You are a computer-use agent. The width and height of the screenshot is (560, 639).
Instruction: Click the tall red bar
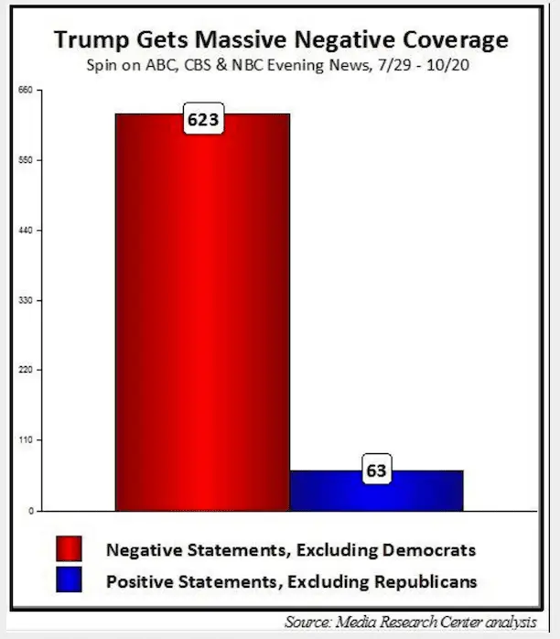(202, 311)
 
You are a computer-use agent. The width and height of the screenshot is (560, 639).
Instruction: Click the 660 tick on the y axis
(26, 90)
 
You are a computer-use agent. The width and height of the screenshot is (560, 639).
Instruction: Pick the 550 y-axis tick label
(26, 160)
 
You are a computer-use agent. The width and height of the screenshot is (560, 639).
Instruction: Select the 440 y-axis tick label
(26, 230)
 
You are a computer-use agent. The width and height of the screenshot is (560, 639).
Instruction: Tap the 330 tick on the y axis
(26, 300)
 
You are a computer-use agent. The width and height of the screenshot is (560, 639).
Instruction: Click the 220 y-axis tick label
(26, 370)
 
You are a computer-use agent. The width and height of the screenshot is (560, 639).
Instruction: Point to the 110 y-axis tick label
(26, 440)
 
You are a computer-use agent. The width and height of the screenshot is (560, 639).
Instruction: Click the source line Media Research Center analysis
(426, 623)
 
